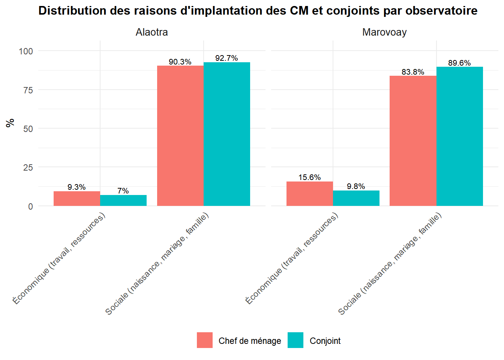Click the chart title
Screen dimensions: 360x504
coord(258,10)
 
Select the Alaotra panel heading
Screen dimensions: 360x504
coord(151,32)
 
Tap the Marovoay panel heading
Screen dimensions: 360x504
coord(384,32)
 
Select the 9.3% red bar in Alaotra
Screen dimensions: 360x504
coord(77,199)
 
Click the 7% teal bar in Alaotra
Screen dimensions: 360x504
coord(123,201)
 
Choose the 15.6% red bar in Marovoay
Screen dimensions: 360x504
coord(310,194)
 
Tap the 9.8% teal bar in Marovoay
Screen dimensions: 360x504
coord(356,198)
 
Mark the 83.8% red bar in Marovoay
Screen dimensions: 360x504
coord(413,141)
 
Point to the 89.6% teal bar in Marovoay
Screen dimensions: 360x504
coord(459,136)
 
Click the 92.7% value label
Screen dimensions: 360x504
coord(226,58)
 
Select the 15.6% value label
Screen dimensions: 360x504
coord(310,177)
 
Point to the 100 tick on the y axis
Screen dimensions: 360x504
coord(26,51)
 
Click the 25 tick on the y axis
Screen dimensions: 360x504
coord(28,168)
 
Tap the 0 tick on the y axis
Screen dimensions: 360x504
coord(30,206)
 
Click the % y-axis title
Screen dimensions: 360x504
coord(10,123)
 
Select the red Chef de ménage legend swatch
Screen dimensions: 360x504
coord(205,340)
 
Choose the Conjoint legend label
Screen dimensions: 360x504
coord(325,341)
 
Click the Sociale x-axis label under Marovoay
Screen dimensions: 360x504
coord(390,264)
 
